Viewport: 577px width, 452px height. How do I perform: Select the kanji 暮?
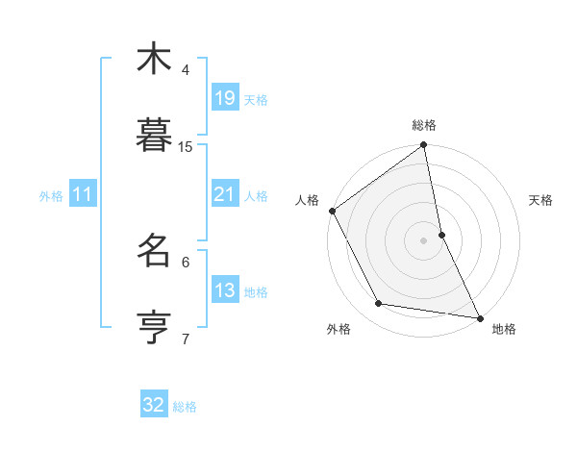tap(154, 136)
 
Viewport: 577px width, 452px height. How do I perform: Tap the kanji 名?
tap(154, 251)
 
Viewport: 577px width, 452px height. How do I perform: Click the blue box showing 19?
tap(224, 98)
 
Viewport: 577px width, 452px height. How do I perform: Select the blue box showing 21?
tap(224, 194)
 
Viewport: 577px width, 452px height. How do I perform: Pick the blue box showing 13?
tap(224, 290)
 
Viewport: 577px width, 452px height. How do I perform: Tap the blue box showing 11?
tap(83, 194)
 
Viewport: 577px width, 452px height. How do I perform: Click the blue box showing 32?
tap(154, 405)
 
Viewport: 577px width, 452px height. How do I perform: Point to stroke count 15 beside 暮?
tap(186, 147)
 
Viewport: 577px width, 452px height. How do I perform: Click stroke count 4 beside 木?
tap(186, 70)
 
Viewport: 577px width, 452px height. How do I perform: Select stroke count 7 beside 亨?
tap(186, 339)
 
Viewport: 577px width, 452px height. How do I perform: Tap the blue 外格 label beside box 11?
tap(51, 195)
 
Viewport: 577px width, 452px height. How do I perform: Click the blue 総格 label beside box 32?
tap(185, 406)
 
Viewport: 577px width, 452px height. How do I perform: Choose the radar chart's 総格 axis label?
tap(424, 125)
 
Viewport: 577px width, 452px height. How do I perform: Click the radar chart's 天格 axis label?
tap(541, 200)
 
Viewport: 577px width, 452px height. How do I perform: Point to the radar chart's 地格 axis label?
tap(504, 329)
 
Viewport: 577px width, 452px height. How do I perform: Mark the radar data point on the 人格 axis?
tap(333, 211)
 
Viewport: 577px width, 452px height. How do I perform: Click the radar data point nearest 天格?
tap(441, 235)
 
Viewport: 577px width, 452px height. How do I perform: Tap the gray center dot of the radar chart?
tap(424, 240)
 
